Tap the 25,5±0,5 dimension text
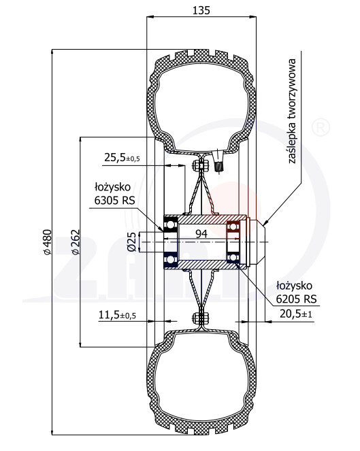click(x=122, y=158)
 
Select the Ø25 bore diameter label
click(x=134, y=242)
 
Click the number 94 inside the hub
click(x=201, y=234)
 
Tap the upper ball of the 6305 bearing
click(x=169, y=224)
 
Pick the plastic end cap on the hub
click(x=253, y=242)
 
